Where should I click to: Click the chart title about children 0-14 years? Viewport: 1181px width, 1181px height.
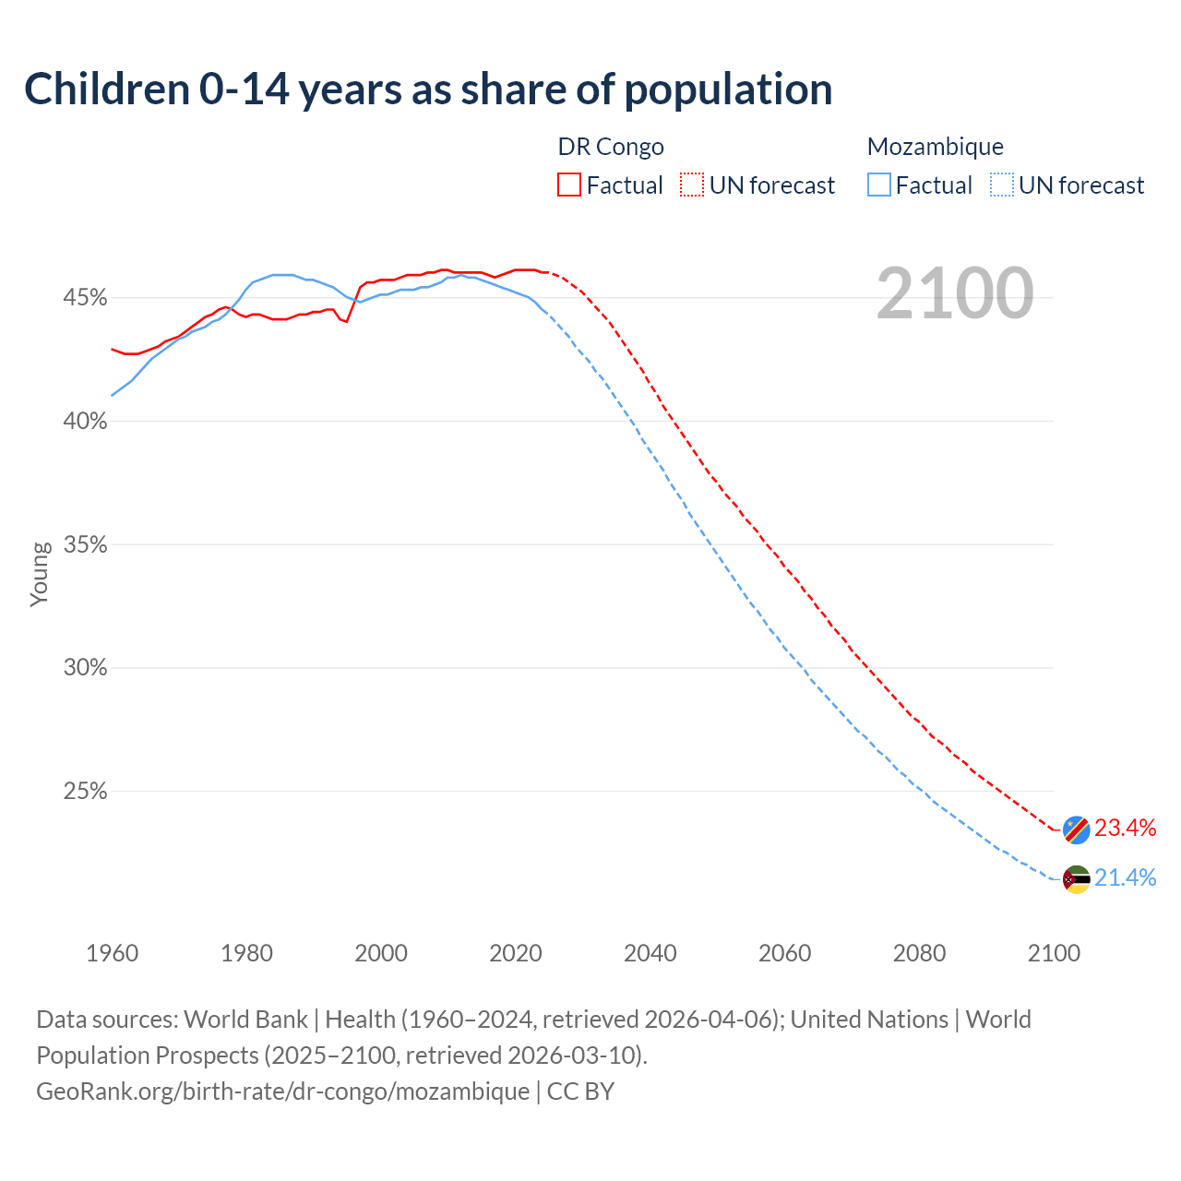[428, 89]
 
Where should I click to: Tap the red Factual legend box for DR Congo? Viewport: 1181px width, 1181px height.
[569, 185]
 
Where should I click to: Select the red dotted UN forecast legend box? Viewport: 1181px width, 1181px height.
[692, 185]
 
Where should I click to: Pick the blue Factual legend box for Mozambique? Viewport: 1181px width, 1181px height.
[879, 185]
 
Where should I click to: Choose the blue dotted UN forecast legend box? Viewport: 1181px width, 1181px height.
[1002, 185]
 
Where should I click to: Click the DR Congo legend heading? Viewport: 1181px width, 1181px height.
[611, 147]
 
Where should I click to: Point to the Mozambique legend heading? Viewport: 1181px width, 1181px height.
[935, 147]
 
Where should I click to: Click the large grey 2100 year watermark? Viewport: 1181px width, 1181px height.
[955, 293]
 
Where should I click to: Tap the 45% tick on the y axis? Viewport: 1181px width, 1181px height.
[85, 298]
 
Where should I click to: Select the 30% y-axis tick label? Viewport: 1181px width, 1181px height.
[85, 668]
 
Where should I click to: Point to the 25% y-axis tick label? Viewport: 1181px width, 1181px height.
[85, 792]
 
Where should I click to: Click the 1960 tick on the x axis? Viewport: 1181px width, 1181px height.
[112, 953]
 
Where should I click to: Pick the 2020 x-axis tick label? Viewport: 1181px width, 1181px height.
[516, 953]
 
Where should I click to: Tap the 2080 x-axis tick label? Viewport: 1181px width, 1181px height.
[919, 953]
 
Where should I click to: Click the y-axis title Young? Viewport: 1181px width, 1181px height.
[40, 574]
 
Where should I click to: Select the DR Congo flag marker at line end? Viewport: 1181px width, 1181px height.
[1076, 829]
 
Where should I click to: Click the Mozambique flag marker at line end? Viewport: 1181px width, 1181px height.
[1076, 879]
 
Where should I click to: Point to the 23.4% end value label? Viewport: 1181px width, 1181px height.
[1126, 829]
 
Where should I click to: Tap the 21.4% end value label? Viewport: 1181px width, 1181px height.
[1126, 878]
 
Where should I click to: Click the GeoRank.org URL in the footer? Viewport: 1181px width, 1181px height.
[282, 1092]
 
